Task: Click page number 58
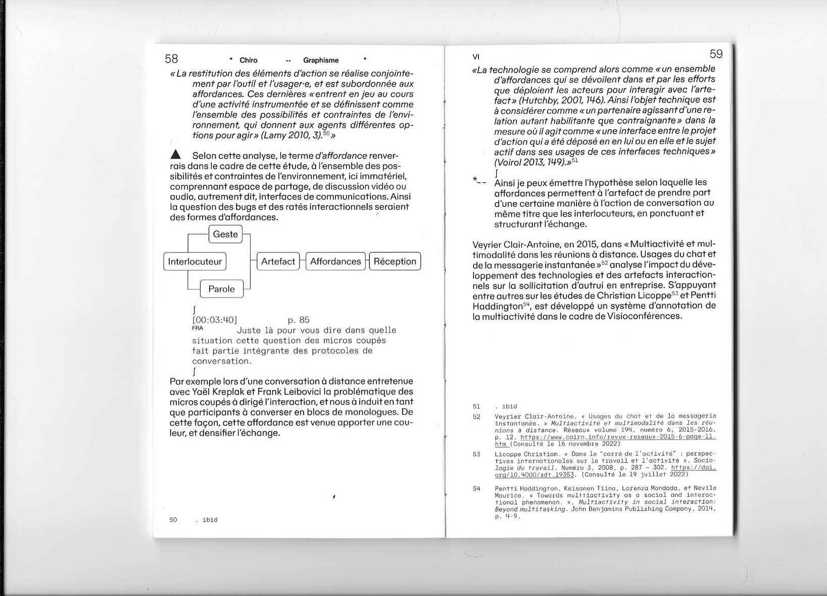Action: pos(171,59)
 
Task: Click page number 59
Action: pos(716,54)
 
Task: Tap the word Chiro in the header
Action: pos(249,61)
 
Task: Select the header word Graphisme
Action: pos(321,61)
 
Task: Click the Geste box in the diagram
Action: pos(225,234)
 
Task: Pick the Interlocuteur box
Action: pos(195,262)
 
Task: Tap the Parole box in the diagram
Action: pos(221,289)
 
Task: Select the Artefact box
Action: pos(278,262)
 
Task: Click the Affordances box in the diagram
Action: pos(335,262)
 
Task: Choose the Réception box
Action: pos(395,262)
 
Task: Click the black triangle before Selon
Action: pos(175,155)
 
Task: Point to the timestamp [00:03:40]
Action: pos(215,320)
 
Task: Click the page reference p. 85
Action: pos(299,320)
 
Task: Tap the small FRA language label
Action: pos(198,328)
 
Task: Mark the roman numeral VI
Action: pos(476,57)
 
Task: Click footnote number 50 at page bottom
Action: pos(173,520)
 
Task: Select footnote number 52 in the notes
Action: pos(476,417)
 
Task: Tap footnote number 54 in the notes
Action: pos(476,488)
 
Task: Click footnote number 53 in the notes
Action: pos(476,454)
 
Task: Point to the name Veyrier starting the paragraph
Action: pos(487,244)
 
